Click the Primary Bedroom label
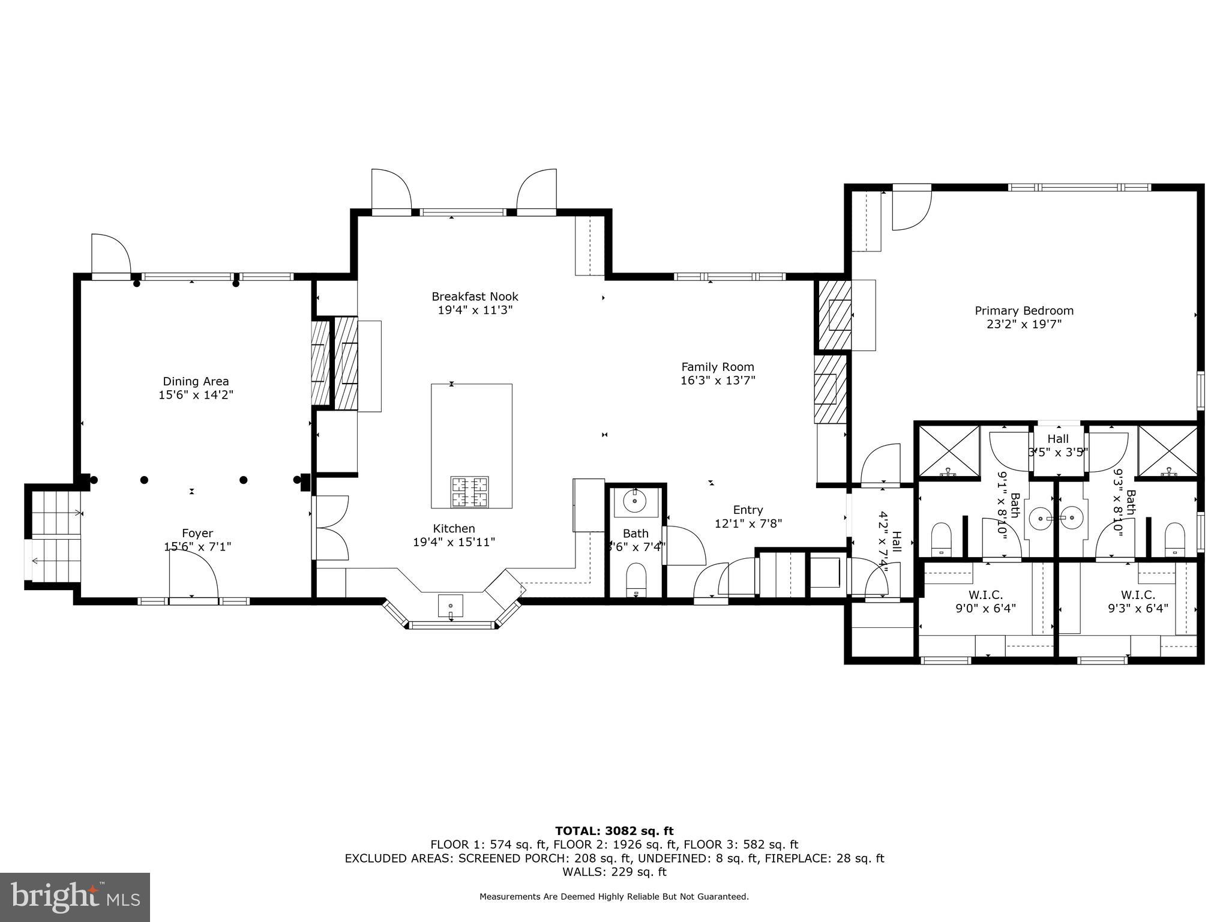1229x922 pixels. pos(1024,311)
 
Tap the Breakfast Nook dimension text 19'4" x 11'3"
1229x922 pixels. pos(475,310)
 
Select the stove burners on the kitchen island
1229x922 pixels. pos(469,492)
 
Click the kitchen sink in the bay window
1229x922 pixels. pos(450,606)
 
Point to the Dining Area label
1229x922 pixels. pos(196,382)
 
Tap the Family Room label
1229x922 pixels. pos(718,367)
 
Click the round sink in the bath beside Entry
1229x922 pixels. pos(634,501)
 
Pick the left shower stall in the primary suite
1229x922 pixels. pos(949,453)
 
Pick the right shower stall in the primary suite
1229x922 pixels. pos(1168,453)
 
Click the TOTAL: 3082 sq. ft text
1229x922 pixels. pos(614,831)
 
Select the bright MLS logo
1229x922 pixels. pos(75,897)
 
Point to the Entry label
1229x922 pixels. pos(748,510)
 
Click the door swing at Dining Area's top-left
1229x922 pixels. pos(110,255)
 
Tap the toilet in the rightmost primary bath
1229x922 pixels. pos(1174,540)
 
